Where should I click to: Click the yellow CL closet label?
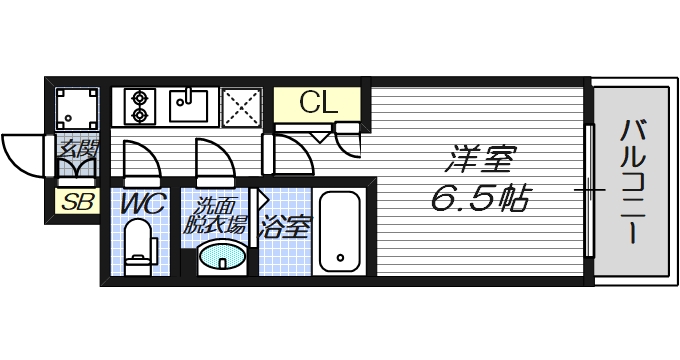click(319, 102)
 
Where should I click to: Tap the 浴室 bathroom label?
click(285, 225)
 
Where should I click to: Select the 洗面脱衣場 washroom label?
click(214, 217)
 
